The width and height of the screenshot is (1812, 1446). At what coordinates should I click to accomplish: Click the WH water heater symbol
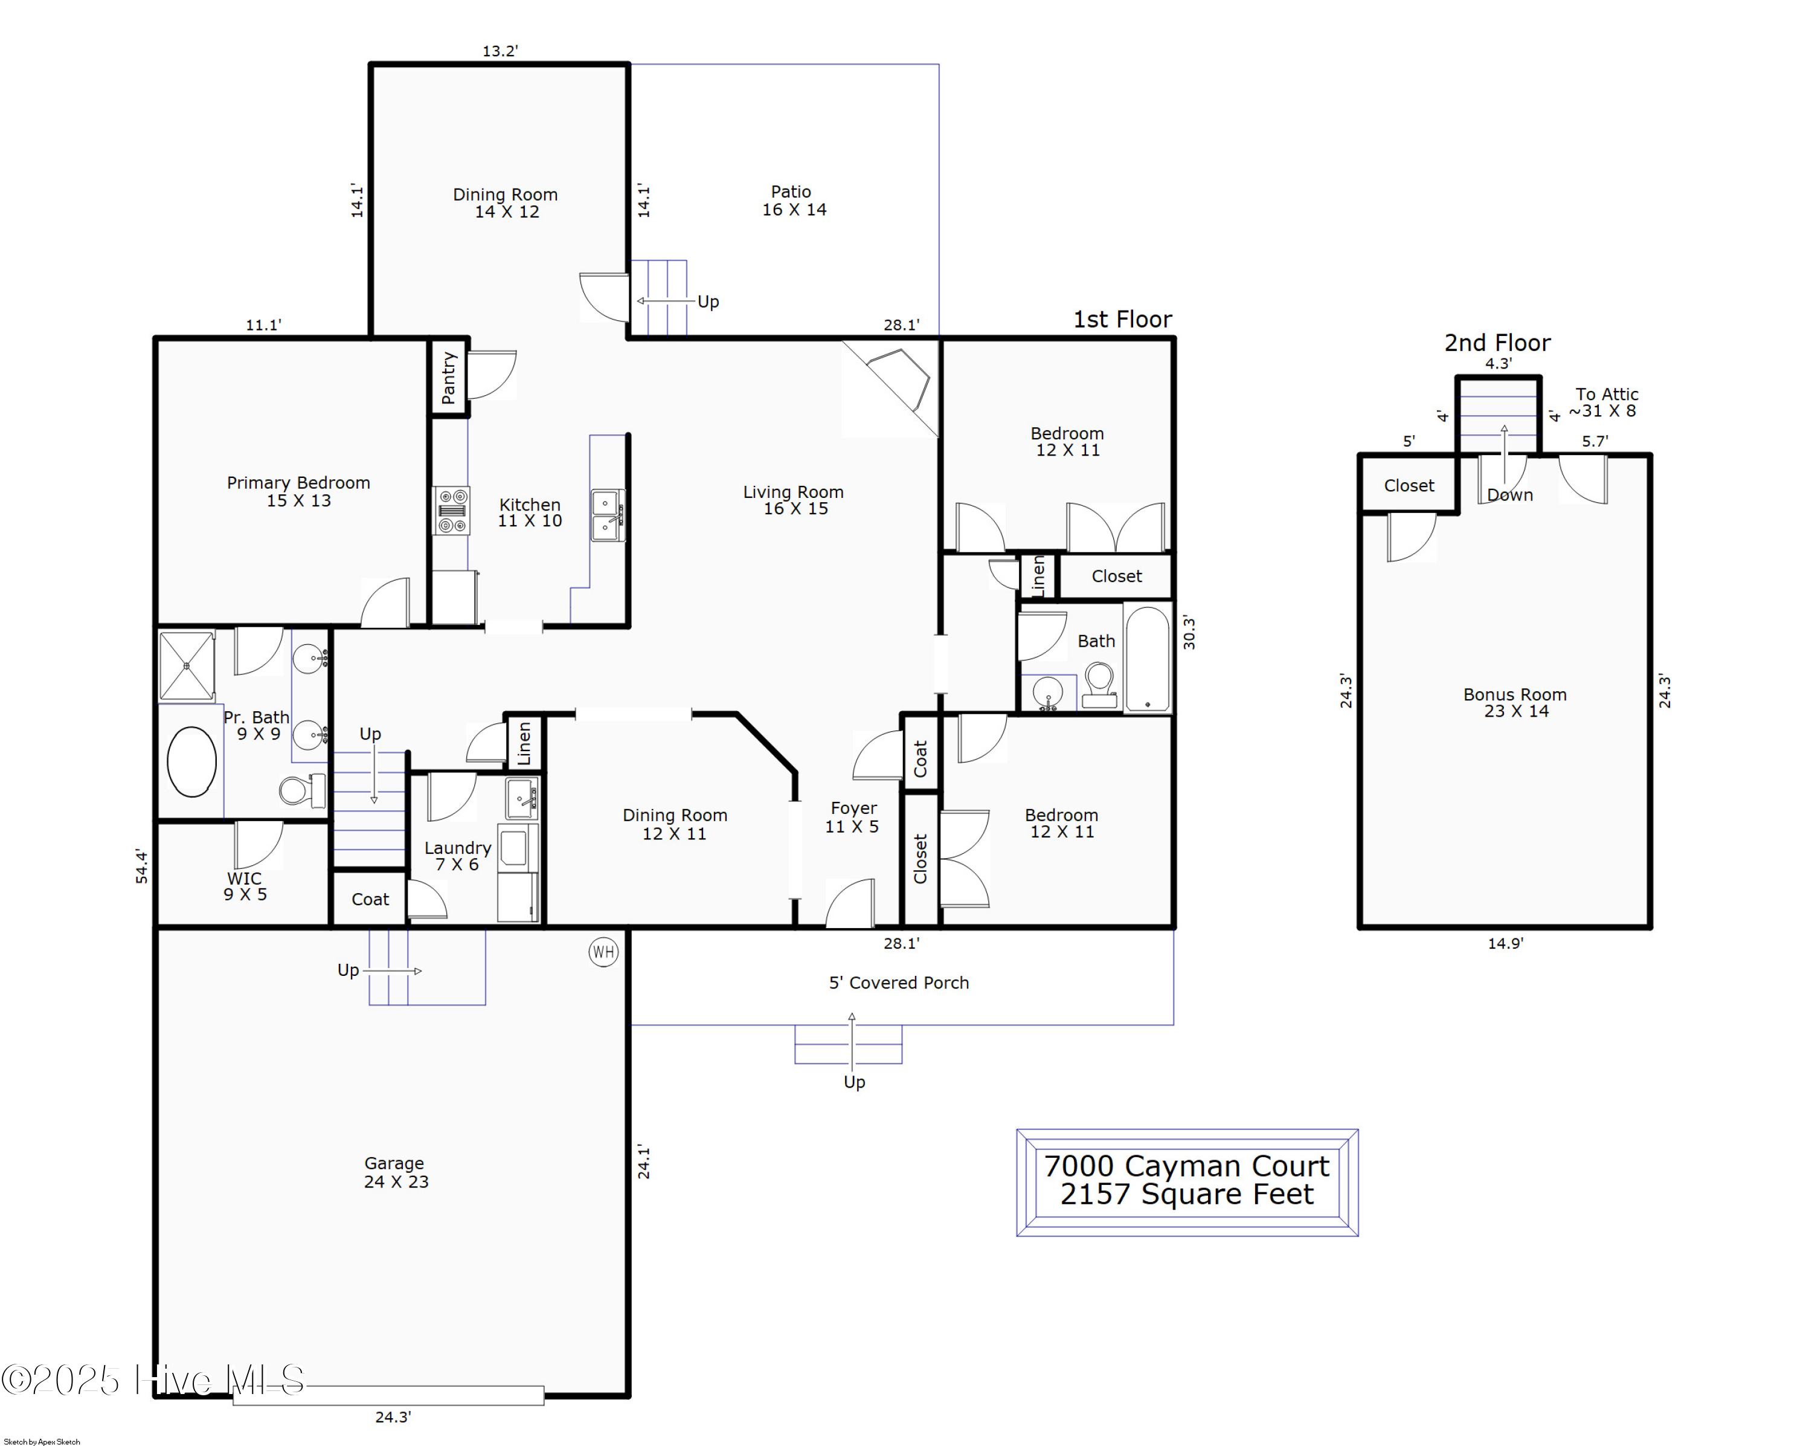(x=603, y=952)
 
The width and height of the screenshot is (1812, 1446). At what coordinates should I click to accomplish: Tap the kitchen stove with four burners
(x=451, y=511)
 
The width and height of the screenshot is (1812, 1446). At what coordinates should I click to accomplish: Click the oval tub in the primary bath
(x=191, y=761)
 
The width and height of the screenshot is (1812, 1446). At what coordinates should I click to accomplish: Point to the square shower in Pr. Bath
(x=187, y=665)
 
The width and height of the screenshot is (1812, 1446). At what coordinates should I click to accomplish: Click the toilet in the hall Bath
(x=1099, y=683)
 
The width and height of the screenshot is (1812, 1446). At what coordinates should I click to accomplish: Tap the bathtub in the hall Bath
(x=1146, y=659)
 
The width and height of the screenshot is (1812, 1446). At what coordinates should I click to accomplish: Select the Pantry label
(x=449, y=378)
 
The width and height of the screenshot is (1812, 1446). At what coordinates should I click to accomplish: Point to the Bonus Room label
(x=1514, y=702)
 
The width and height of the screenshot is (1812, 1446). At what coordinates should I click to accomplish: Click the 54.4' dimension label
(x=141, y=866)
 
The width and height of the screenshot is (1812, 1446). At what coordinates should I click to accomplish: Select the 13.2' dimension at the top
(x=500, y=51)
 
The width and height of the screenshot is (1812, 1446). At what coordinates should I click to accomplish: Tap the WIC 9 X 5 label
(x=245, y=886)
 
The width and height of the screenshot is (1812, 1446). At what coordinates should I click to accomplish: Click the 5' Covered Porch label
(x=898, y=982)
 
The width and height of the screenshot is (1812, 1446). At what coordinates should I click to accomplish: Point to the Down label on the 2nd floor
(x=1509, y=495)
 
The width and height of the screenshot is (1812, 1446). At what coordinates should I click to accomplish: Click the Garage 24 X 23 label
(x=395, y=1172)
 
